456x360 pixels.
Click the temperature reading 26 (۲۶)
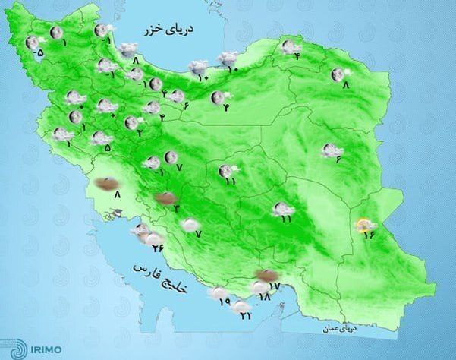[x=158, y=248]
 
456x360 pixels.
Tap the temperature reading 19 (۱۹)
[x=225, y=302]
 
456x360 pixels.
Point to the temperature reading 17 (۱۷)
[x=275, y=286]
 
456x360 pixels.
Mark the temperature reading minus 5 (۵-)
[x=39, y=52]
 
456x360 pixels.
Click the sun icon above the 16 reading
[x=367, y=223]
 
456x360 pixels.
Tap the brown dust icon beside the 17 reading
[x=266, y=275]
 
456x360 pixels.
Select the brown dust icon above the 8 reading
[x=108, y=182]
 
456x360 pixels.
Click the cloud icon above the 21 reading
[x=241, y=305]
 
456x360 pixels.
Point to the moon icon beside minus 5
[x=32, y=43]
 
